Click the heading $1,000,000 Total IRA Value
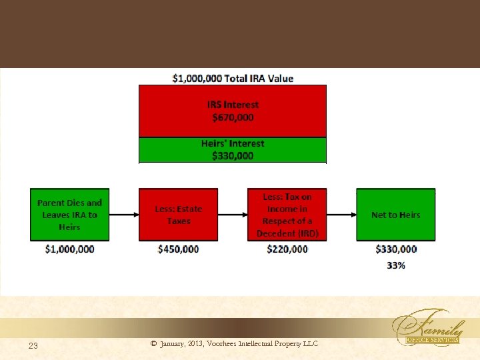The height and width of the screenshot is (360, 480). point(233,78)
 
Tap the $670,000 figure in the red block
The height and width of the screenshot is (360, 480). point(233,117)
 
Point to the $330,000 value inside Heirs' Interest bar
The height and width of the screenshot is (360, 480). point(233,156)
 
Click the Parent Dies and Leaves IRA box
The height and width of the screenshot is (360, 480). point(69,215)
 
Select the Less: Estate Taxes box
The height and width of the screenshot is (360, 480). point(178,215)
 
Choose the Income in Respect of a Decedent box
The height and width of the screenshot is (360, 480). point(287,215)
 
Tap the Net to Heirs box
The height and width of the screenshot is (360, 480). point(395,215)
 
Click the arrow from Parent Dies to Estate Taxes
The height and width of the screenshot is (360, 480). point(124,215)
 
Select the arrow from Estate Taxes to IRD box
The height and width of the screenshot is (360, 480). point(233,215)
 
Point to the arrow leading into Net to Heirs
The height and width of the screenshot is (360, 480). point(341,215)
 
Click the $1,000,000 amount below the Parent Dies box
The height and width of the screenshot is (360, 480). point(69,249)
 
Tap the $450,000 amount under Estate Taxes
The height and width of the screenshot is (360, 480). point(178,249)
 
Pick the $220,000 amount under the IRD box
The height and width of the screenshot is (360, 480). point(287,249)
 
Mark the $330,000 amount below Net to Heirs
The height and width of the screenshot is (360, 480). point(396,249)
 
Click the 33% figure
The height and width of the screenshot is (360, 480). point(396,265)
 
